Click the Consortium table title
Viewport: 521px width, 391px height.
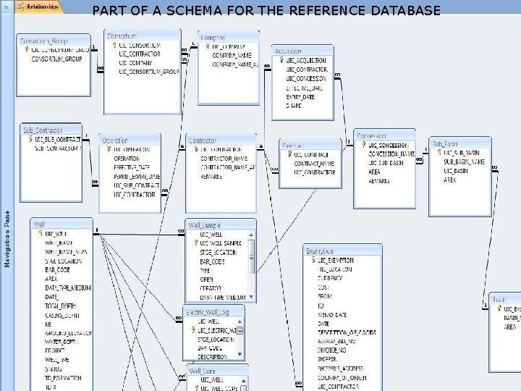[x=122, y=35]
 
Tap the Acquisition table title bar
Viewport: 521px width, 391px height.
[x=289, y=51]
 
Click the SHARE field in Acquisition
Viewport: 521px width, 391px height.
[x=294, y=106]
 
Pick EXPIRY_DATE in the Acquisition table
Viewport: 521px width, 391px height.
[x=300, y=97]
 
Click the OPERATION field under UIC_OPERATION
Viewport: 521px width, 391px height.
[x=127, y=158]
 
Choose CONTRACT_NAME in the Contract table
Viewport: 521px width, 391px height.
[x=314, y=164]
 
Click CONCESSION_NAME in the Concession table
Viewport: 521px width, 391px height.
[x=391, y=154]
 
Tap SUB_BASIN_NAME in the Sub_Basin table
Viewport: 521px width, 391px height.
[x=465, y=162]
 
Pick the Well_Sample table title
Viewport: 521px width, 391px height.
[x=205, y=225]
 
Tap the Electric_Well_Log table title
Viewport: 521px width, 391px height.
[x=208, y=311]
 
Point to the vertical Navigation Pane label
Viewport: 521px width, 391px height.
[x=7, y=239]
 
